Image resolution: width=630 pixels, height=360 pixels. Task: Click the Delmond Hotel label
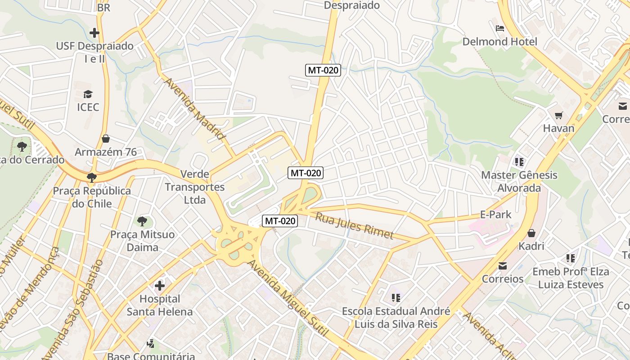point(499,42)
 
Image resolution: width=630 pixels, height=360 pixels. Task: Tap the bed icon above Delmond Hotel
point(499,28)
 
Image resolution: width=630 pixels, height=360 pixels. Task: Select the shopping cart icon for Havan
point(558,115)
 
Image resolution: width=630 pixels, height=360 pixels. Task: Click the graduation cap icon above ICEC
point(88,94)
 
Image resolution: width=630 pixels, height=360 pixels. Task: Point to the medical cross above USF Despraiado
point(94,33)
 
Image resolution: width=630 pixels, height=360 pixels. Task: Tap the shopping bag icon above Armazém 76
point(106,139)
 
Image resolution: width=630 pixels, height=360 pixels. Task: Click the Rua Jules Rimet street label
point(354,226)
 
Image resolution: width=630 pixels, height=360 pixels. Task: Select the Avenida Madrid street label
point(194,108)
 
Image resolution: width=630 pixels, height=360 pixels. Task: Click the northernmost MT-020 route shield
point(323,70)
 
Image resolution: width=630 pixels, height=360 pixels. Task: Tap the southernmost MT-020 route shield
point(280,221)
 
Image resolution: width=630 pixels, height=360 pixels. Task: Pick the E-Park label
point(496,215)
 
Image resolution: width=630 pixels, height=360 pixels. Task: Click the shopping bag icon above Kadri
point(531,233)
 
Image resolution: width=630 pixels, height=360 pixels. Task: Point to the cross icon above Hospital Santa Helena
point(160,285)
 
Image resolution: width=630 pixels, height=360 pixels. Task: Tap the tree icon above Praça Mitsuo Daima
point(142,221)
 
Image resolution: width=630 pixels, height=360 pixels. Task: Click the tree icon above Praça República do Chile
point(92,177)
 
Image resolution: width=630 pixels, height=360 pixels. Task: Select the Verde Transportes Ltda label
point(194,187)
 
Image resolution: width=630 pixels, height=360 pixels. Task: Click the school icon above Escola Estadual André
point(396,297)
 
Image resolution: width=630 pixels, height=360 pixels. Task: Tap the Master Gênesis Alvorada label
point(519,181)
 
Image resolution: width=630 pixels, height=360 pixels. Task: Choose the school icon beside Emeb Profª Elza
point(571,258)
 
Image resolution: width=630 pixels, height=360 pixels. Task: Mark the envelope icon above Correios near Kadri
point(503,266)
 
